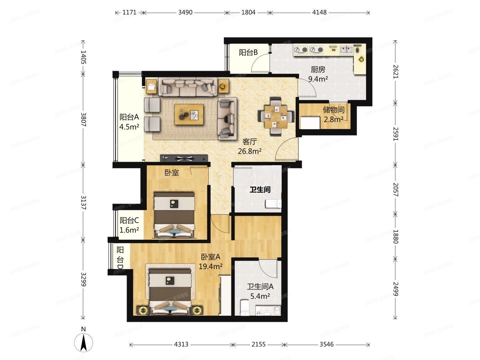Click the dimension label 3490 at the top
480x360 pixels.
click(185, 12)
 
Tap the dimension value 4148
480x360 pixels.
click(319, 12)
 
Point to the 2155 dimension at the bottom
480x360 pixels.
click(258, 344)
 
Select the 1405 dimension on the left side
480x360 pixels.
click(83, 57)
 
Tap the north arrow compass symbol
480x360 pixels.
click(83, 343)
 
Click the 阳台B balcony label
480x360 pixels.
click(248, 52)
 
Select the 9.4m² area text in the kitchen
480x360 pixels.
click(318, 79)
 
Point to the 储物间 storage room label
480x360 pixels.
click(334, 110)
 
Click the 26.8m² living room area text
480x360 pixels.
click(250, 151)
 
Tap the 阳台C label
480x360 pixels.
click(129, 220)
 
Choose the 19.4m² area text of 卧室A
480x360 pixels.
click(210, 266)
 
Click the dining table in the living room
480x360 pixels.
click(276, 117)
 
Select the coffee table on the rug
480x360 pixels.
click(189, 115)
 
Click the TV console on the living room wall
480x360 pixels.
click(184, 158)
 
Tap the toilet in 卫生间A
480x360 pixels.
click(245, 308)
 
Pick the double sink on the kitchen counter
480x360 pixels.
click(346, 50)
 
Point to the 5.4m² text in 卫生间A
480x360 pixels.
click(260, 296)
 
